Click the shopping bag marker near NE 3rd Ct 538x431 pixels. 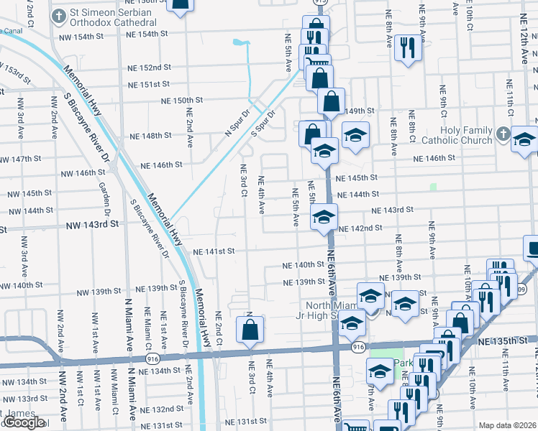tap(250, 330)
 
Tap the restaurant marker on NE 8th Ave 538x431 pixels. tap(408, 48)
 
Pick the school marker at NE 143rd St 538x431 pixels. tap(324, 216)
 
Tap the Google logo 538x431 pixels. tap(23, 422)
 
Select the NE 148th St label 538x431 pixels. tap(150, 135)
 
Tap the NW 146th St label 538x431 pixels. tap(83, 173)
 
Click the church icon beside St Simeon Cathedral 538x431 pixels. tap(56, 14)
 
